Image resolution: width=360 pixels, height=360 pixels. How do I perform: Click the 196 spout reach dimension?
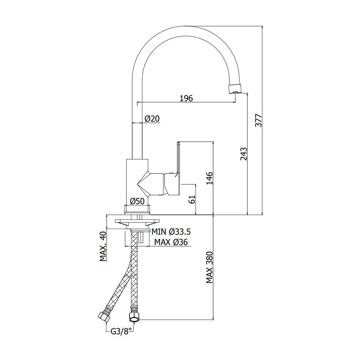click(186, 98)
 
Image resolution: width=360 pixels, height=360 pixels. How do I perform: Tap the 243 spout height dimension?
click(243, 154)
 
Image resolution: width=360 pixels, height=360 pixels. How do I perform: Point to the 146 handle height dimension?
click(210, 178)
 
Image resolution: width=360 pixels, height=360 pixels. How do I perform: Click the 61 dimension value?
click(192, 199)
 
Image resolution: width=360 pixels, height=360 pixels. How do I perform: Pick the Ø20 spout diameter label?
click(152, 119)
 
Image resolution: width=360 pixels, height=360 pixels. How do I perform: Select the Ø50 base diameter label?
click(137, 201)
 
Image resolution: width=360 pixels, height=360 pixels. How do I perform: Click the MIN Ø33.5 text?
click(171, 231)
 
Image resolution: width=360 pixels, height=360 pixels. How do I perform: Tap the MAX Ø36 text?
click(171, 242)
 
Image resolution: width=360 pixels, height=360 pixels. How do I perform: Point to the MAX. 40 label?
click(103, 247)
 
